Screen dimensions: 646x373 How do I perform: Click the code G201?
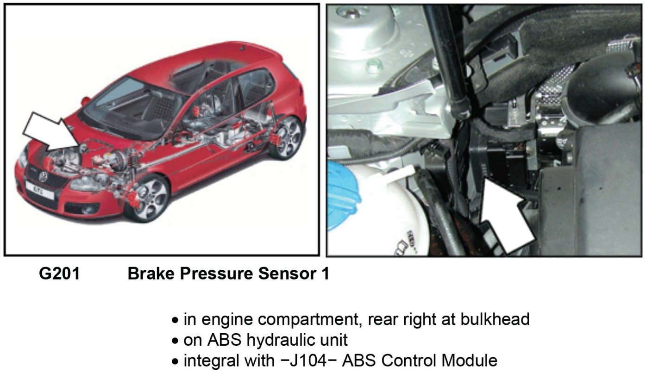(59, 274)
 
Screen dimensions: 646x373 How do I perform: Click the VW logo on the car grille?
(44, 176)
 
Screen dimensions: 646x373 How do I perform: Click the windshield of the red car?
(125, 102)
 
